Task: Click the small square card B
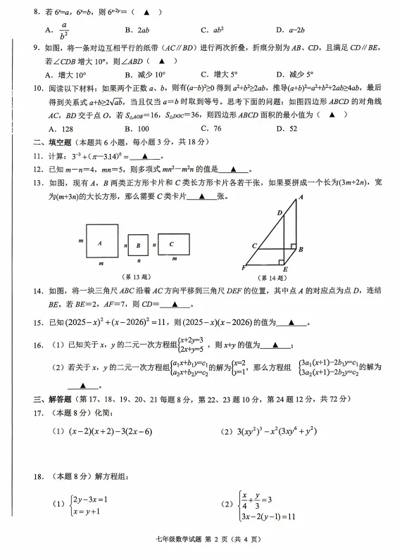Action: click(x=139, y=246)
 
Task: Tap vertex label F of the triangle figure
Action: click(x=243, y=269)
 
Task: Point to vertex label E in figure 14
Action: click(x=284, y=269)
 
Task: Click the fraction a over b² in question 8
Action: click(x=63, y=30)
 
